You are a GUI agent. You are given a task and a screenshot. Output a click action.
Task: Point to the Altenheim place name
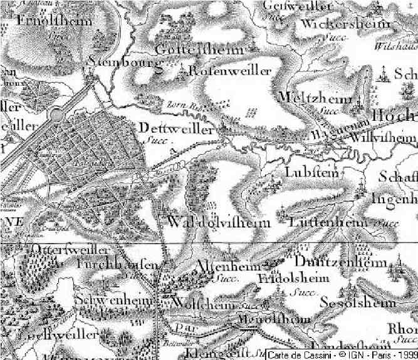click(x=229, y=266)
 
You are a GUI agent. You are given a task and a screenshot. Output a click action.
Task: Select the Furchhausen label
click(x=118, y=265)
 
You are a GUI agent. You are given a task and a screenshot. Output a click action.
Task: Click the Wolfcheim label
click(x=202, y=304)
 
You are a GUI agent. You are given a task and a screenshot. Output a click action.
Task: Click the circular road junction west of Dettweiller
click(x=57, y=116)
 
